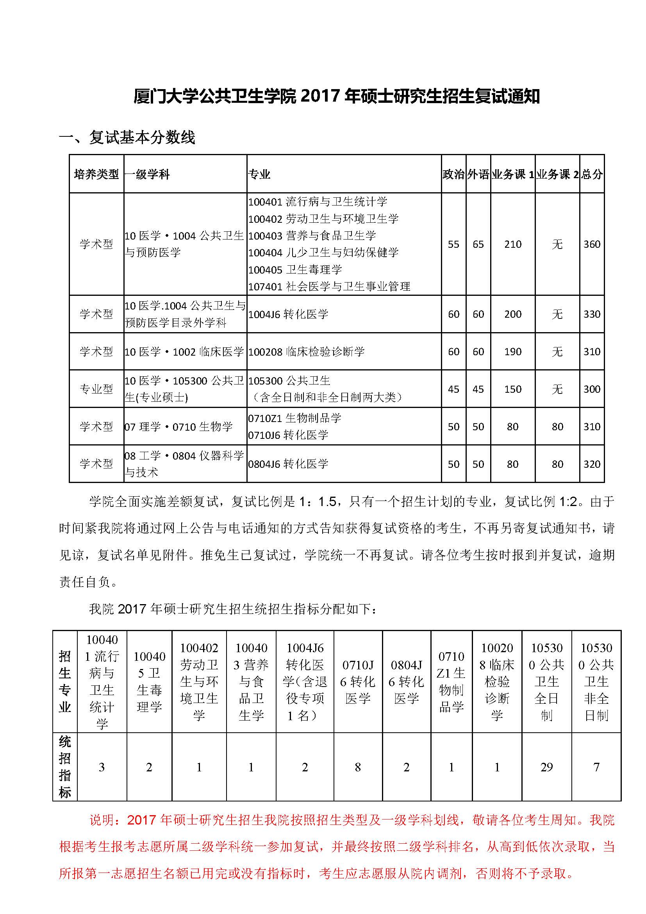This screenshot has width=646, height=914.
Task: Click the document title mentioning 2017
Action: point(336,97)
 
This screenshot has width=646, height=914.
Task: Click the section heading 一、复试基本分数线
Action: point(127,138)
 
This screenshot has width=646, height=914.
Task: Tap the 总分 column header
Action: point(592,174)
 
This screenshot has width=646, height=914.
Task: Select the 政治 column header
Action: point(453,174)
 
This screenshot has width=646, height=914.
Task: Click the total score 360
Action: point(592,244)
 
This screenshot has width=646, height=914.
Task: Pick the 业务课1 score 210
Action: point(513,244)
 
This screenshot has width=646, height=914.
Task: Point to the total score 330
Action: point(592,314)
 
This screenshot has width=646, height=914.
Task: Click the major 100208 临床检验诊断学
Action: point(306,352)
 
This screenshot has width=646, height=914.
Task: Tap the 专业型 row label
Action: point(96,389)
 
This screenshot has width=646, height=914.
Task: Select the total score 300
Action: point(592,389)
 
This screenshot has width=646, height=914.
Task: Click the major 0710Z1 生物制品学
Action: point(295,418)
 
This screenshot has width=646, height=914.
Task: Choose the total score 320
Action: point(592,464)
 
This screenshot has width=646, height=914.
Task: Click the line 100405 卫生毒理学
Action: point(295,270)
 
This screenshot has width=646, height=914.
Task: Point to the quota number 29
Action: point(546,767)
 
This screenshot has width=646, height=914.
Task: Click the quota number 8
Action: point(358,767)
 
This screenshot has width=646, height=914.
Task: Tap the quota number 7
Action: point(596,767)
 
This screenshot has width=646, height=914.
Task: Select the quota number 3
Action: point(102,767)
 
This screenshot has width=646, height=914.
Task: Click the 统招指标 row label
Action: point(65,767)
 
